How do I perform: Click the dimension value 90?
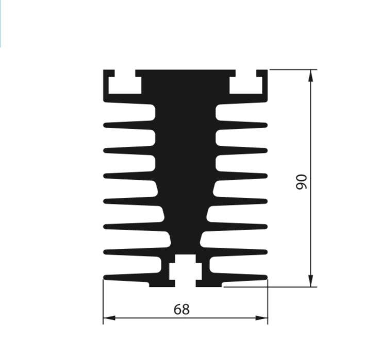[x=301, y=181]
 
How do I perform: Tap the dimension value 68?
[x=181, y=310]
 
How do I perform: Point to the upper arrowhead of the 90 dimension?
[x=311, y=75]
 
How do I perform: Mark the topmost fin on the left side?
[x=129, y=125]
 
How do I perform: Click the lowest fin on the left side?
[x=129, y=277]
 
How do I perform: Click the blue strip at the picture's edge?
[x=1, y=23]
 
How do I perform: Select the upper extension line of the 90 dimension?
[x=291, y=69]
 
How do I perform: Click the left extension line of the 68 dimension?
[x=103, y=304]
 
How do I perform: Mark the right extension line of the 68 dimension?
[x=268, y=304]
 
